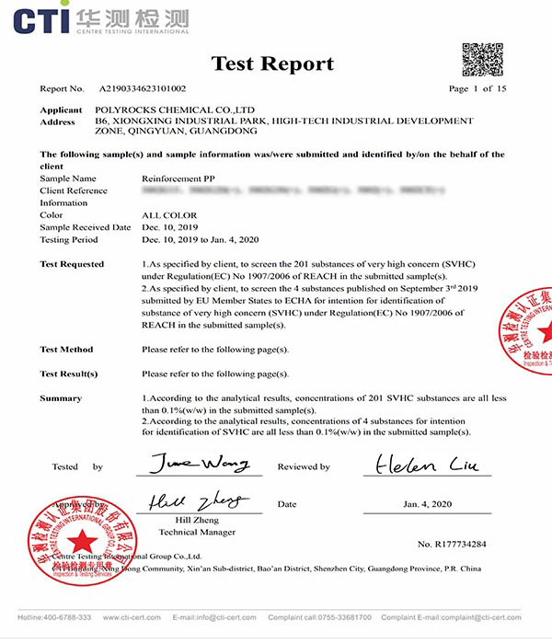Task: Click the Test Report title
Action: (x=274, y=63)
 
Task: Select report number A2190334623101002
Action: (x=143, y=89)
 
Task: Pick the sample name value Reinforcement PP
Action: (x=180, y=178)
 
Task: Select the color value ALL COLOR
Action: (x=170, y=215)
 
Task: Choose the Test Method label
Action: (x=66, y=350)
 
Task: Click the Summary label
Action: (x=61, y=398)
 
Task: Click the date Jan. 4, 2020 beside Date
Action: (x=429, y=504)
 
